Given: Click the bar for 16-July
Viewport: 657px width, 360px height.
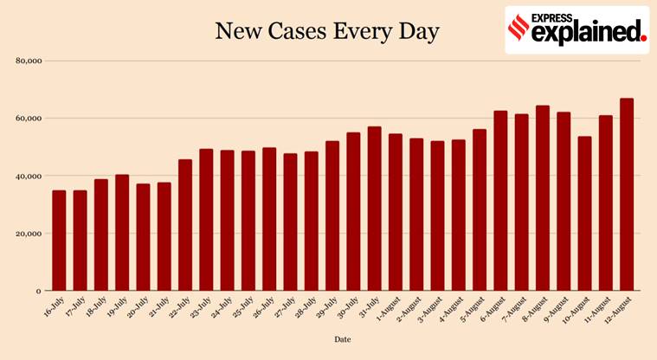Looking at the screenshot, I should [x=59, y=241].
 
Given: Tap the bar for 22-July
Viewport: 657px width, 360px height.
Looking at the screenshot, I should [x=185, y=225].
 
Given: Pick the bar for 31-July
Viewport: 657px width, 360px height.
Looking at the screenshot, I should [x=374, y=209].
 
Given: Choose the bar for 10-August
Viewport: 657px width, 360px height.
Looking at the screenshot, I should [x=584, y=214].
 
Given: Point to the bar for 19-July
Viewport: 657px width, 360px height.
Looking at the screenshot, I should [x=122, y=233].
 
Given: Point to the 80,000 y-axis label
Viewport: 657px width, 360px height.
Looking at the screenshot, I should [x=29, y=61].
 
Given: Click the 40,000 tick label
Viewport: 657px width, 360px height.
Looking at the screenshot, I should [x=29, y=176].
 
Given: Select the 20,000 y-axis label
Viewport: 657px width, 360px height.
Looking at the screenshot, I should [x=29, y=234].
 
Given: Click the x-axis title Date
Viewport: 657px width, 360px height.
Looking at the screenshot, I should [x=343, y=339].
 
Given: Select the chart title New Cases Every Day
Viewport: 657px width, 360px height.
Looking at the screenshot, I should [x=327, y=33].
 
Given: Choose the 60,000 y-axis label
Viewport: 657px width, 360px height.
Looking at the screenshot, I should [x=29, y=119].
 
